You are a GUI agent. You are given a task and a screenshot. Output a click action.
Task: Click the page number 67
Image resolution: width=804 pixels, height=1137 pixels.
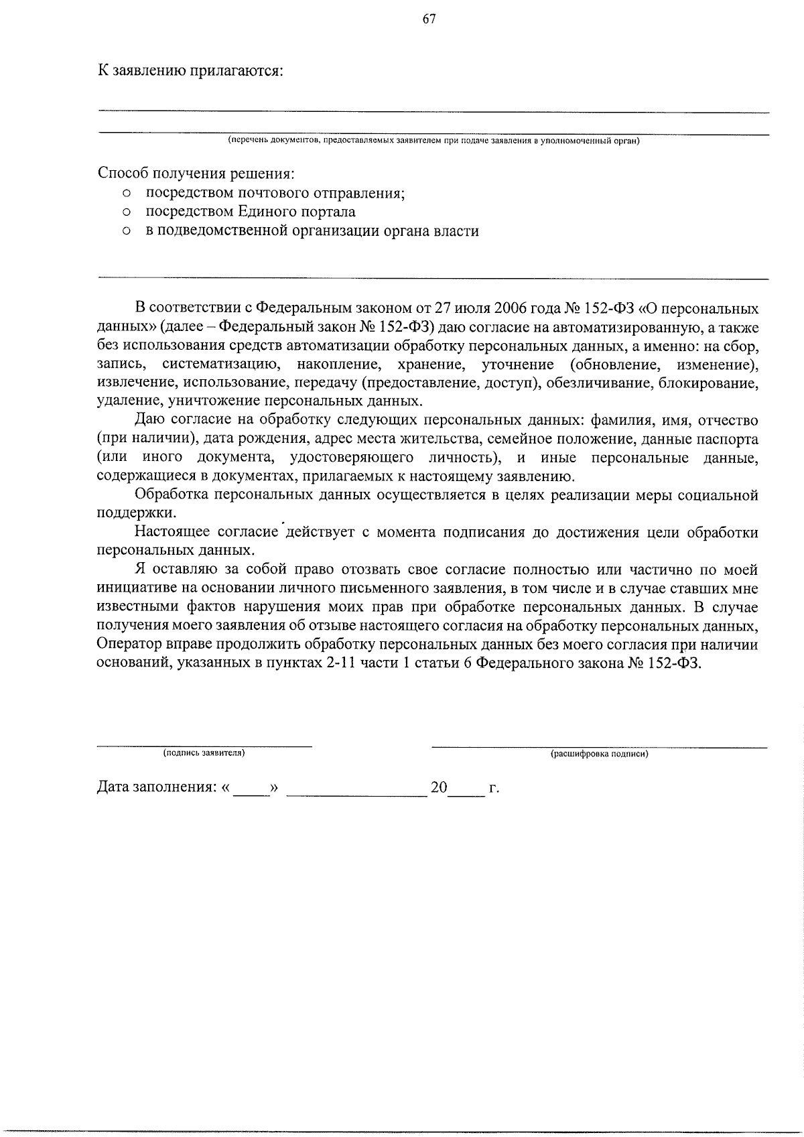[x=429, y=19]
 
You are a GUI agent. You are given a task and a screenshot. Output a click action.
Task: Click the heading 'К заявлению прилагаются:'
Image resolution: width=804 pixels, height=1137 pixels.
[x=190, y=71]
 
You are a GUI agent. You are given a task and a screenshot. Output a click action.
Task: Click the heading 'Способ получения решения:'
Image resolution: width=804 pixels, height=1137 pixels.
[x=196, y=174]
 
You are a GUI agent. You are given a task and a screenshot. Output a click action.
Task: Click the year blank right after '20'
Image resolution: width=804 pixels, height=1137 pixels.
[x=466, y=792]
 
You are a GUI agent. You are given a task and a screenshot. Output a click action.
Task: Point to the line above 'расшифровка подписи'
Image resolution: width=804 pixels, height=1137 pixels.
[x=599, y=746]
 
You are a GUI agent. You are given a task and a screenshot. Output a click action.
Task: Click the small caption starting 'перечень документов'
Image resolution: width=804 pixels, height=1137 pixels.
[x=433, y=141]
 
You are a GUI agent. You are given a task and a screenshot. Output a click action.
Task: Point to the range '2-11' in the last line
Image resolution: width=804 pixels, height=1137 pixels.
[x=333, y=663]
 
